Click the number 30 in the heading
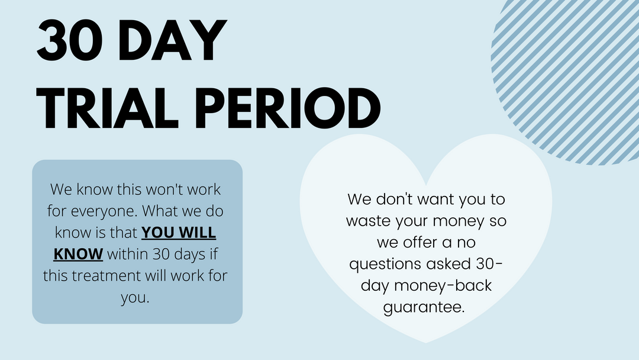(70, 40)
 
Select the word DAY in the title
(172, 40)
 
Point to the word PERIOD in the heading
(288, 108)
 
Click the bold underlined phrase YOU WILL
(179, 232)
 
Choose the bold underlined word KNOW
(78, 254)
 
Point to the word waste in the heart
(369, 221)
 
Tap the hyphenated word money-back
(443, 286)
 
